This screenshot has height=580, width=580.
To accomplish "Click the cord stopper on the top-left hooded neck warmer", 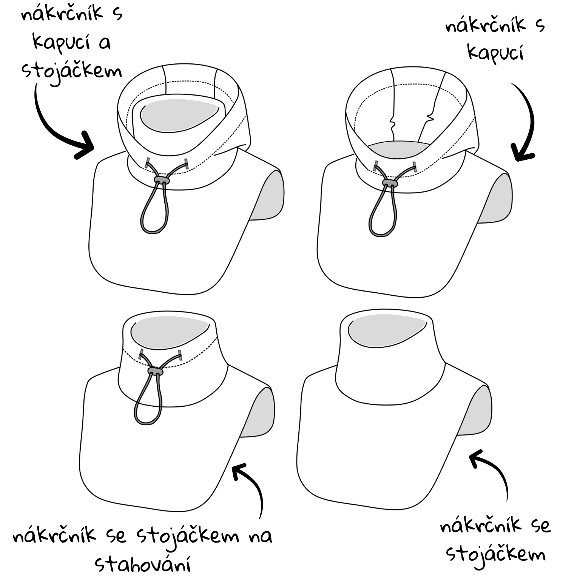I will pos(162,180).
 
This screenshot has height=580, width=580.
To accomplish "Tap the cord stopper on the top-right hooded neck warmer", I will pos(390,183).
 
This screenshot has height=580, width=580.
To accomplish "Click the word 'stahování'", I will pos(143,565).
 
